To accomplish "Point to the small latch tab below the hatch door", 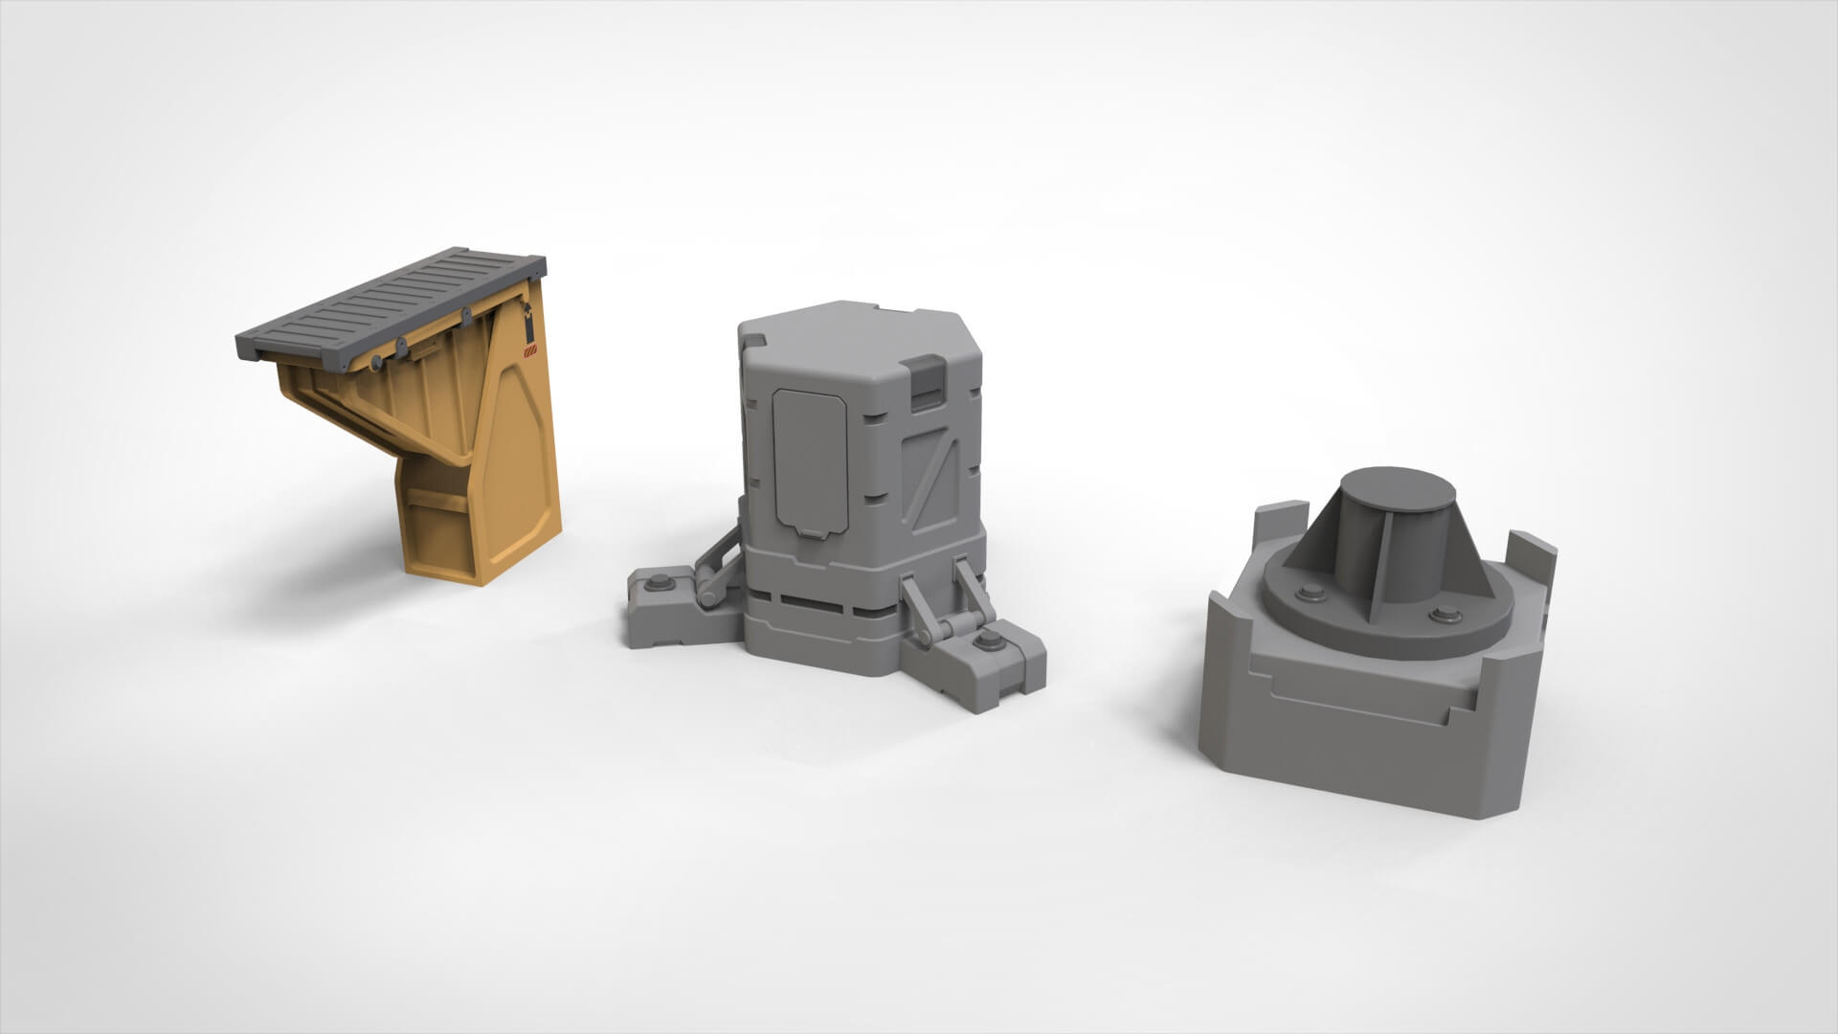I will click(811, 533).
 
